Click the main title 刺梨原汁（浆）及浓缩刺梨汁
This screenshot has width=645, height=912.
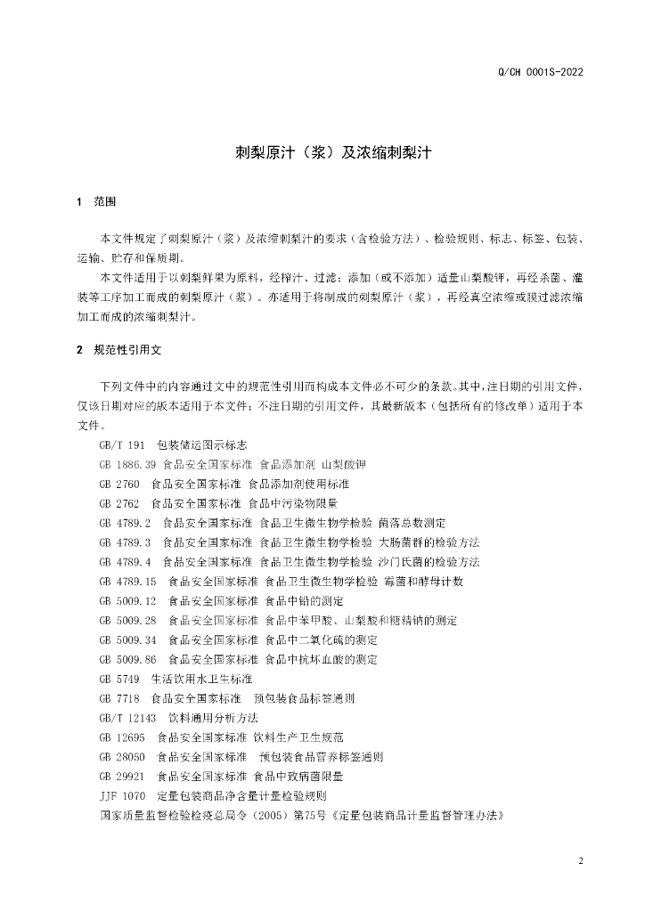322,152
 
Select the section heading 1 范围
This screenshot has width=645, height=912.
97,202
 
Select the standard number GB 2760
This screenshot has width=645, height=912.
120,484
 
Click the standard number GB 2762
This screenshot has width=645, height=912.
120,503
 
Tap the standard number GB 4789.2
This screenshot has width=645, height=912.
126,523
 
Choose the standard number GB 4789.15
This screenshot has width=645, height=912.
128,582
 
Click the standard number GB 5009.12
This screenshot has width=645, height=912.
128,601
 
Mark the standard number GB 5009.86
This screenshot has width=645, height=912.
128,659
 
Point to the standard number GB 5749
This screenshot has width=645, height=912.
120,679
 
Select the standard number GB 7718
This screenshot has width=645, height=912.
120,698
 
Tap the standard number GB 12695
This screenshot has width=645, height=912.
123,737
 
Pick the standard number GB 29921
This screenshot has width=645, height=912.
123,777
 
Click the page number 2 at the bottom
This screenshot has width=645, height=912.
580,861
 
